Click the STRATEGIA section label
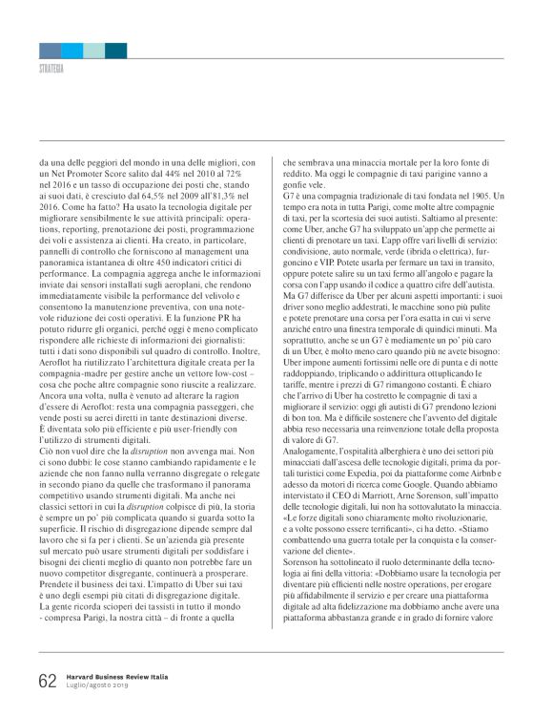tap(51, 69)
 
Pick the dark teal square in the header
tap(116, 50)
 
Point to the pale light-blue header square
tap(93, 50)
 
